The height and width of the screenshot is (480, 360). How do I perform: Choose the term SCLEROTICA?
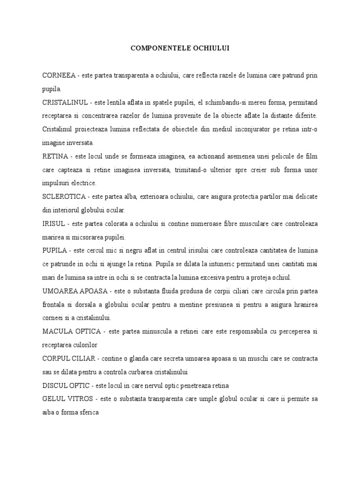pyautogui.click(x=63, y=197)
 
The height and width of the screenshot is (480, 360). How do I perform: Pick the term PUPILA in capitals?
pyautogui.click(x=55, y=251)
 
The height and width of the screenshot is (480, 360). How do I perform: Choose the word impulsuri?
pyautogui.click(x=58, y=183)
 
